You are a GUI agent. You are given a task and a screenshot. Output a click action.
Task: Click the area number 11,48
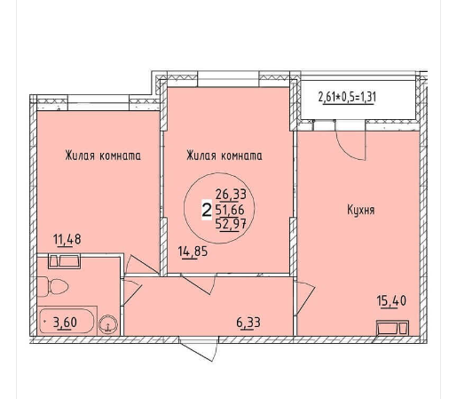point(67,239)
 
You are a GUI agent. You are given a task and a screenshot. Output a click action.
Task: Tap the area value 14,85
point(193,251)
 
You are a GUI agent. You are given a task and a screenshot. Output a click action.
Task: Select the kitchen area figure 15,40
point(391,301)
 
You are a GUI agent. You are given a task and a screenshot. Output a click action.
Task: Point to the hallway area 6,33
point(248,323)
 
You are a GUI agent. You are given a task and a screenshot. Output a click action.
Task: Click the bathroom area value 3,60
point(65,323)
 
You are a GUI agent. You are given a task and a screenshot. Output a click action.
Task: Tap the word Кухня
point(361,210)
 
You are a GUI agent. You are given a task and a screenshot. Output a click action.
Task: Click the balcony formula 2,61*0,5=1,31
point(347,98)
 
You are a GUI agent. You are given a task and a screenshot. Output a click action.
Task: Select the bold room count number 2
point(207,210)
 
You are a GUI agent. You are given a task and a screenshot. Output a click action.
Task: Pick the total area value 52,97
point(231,224)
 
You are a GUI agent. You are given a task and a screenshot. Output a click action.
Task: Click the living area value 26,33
point(231,195)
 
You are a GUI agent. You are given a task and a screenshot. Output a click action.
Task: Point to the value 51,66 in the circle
point(230,210)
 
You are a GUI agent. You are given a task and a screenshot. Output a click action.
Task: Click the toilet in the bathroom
point(52,286)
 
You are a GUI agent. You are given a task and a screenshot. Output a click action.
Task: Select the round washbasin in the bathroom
point(108,323)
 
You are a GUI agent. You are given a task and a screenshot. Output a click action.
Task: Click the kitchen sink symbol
point(392,328)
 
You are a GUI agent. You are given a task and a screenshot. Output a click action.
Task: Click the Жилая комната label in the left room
point(103,156)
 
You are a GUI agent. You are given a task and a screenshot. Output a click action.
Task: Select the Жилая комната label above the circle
point(224,156)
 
